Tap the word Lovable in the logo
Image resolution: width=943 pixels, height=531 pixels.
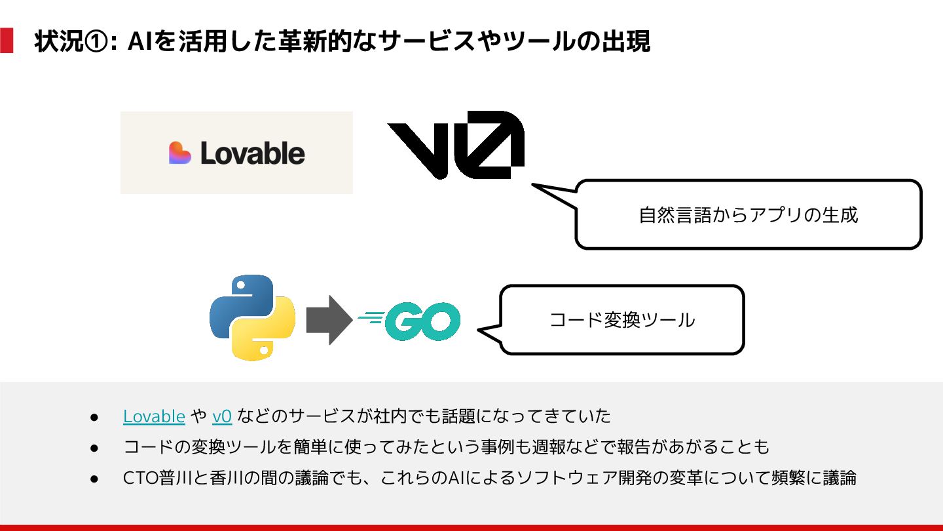coord(253,153)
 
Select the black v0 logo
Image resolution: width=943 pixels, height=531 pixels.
coord(456,145)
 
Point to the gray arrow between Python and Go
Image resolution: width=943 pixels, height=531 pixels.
coord(329,319)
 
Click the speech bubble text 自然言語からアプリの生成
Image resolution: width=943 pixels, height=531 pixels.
coord(748,215)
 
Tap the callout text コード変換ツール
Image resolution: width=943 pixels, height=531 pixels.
coord(621,320)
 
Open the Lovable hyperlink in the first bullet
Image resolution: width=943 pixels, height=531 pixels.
coord(154,416)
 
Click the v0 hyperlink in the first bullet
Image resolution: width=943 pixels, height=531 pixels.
coord(222,416)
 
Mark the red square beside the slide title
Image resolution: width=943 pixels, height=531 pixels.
coord(7,41)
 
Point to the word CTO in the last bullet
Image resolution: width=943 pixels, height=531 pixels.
coord(141,478)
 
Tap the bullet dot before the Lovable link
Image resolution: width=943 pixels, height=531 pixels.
coord(94,417)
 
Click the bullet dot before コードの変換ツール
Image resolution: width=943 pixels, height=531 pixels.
coord(94,448)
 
